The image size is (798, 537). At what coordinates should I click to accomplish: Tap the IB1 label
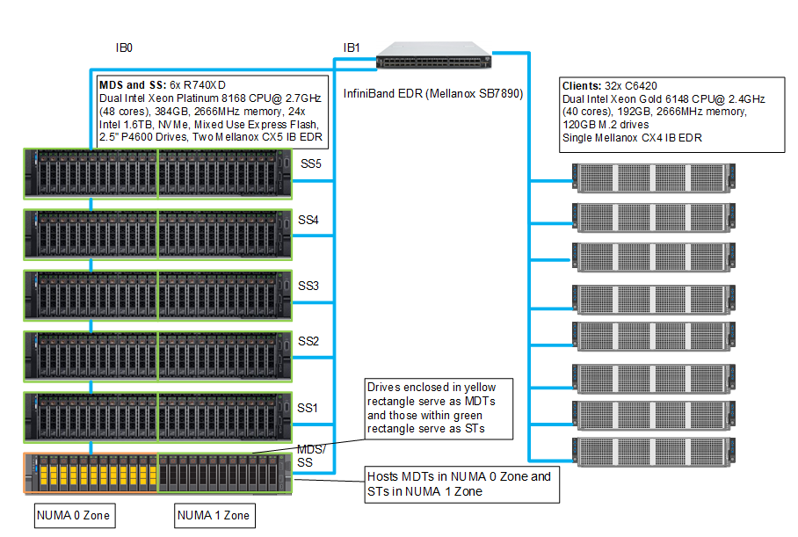(x=351, y=48)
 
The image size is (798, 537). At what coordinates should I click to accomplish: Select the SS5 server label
(x=311, y=164)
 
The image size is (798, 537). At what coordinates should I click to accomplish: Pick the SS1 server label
(x=307, y=408)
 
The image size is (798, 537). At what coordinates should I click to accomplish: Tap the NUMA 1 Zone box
(x=213, y=515)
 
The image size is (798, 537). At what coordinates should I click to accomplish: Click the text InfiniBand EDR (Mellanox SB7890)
(x=432, y=93)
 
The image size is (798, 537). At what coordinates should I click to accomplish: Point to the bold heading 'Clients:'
(x=581, y=86)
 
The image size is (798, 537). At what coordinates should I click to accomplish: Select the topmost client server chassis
(x=654, y=178)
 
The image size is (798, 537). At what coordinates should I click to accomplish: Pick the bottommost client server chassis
(x=654, y=451)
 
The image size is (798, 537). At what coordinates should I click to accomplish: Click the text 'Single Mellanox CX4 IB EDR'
(x=631, y=138)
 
